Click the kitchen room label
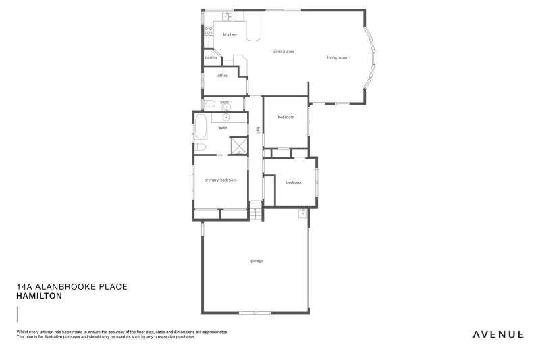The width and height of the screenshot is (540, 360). pos(230,34)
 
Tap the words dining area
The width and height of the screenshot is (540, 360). pos(283,51)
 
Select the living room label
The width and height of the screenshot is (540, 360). pos(338,57)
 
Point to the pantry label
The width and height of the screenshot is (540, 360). pos(211,58)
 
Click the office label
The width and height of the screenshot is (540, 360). pos(223,76)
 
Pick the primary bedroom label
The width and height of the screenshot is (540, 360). pos(221,180)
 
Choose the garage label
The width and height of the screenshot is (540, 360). pos(256,261)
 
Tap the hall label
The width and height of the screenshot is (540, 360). pos(257,130)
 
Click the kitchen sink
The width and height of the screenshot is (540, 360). pos(228,16)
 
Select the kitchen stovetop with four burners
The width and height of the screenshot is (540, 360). pos(209,31)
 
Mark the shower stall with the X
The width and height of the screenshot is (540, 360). pos(239,147)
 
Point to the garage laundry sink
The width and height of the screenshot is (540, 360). pos(303,213)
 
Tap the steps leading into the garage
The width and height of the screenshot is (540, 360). pos(256,211)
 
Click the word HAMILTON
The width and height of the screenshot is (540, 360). pos(39,296)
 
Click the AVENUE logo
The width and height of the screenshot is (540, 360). pos(498,334)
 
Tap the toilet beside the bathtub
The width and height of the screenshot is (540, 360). pos(200,147)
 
